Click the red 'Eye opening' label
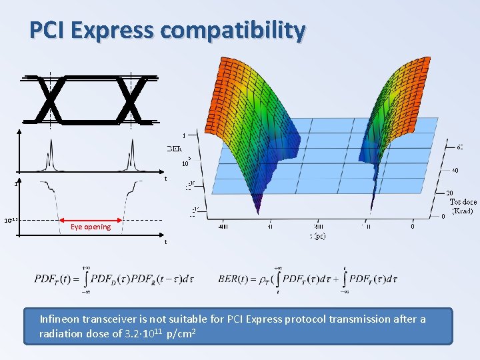tap(91, 227)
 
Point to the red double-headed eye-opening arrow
tap(91, 219)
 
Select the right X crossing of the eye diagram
tap(130, 100)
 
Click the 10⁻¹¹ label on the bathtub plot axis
tap(10, 220)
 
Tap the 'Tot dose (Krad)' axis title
tap(462, 206)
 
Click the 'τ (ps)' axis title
tap(316, 236)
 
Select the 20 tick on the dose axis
tap(449, 193)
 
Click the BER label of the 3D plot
tap(175, 148)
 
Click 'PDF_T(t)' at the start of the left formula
tap(53, 279)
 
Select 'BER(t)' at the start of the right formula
tap(235, 279)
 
